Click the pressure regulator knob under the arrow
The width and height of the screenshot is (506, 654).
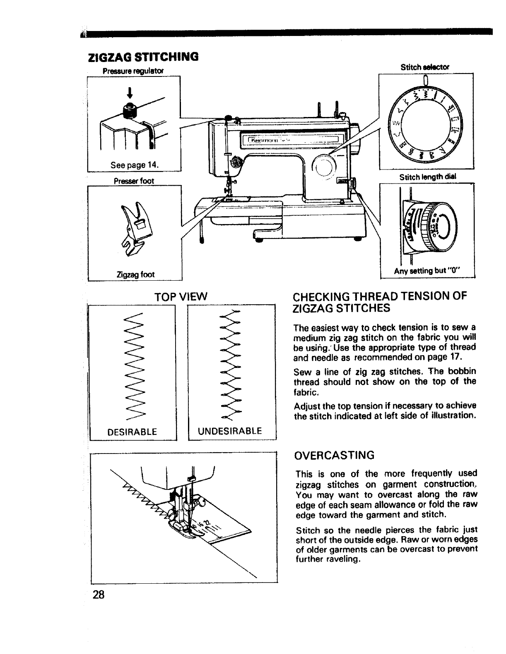(x=129, y=109)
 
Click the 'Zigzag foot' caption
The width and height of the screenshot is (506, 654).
(x=135, y=274)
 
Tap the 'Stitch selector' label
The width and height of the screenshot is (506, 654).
(x=426, y=67)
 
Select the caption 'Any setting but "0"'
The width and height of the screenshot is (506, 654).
(x=428, y=272)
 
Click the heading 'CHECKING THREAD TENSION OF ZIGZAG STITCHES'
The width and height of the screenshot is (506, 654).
(x=380, y=302)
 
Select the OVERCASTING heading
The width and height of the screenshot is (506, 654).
(x=334, y=455)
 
